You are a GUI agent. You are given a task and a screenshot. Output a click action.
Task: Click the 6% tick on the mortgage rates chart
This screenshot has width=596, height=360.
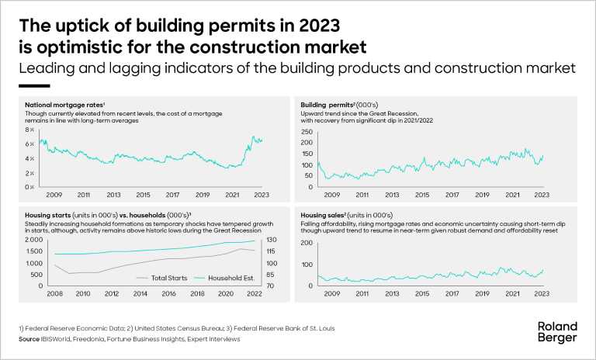pos(31,144)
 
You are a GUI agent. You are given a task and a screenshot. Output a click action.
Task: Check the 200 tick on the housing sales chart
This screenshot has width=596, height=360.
pos(304,244)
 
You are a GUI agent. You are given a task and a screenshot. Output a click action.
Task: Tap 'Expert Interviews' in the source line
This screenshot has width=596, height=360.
pos(213,339)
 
